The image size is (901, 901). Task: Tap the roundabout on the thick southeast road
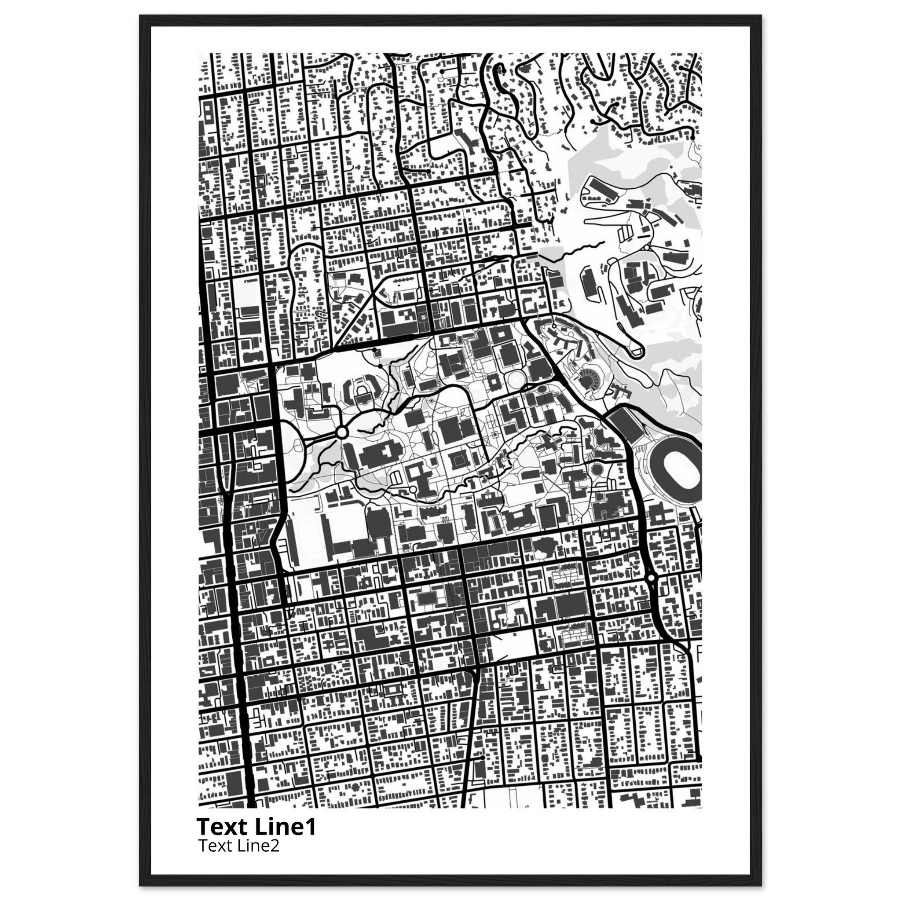651,578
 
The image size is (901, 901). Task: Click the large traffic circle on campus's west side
341,433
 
